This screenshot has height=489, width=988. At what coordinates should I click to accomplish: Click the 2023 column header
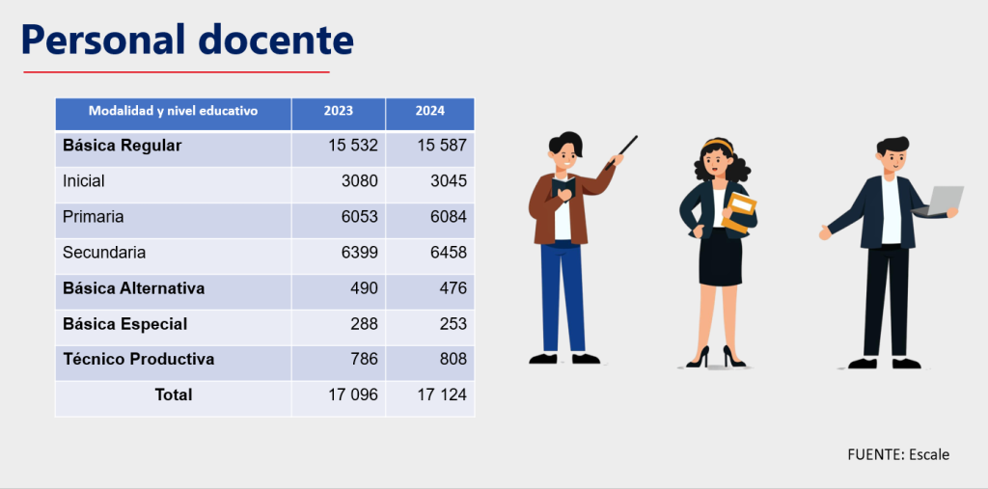point(339,111)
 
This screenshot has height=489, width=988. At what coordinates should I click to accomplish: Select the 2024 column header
point(429,111)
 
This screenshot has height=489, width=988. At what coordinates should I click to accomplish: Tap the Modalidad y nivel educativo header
point(174,111)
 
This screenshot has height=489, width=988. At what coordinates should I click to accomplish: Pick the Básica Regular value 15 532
point(353,146)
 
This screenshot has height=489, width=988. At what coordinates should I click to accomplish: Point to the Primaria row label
point(94,217)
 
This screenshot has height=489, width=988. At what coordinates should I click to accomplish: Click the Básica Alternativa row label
point(133,288)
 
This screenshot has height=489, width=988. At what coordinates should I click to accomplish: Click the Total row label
point(174,395)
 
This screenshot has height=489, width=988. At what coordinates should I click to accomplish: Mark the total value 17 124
point(442,395)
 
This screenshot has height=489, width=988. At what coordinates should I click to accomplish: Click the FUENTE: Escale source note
point(898,454)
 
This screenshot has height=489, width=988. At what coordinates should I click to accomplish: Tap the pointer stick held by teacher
point(621,152)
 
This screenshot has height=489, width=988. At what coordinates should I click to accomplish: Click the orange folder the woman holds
point(738,213)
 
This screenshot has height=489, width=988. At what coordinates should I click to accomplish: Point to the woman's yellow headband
point(718,144)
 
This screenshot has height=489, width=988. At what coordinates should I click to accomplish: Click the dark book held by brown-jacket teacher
point(563,188)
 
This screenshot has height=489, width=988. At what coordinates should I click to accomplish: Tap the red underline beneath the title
point(177,71)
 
